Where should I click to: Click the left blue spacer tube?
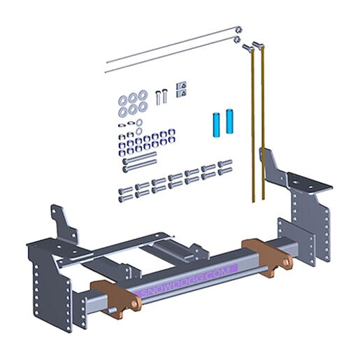(216, 124)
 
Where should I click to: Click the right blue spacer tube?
(230, 121)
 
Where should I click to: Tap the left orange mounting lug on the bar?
(115, 298)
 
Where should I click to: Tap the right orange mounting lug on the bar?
(267, 257)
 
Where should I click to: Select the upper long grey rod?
(173, 45)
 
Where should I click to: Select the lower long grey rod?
(173, 55)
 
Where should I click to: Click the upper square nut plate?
(182, 85)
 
